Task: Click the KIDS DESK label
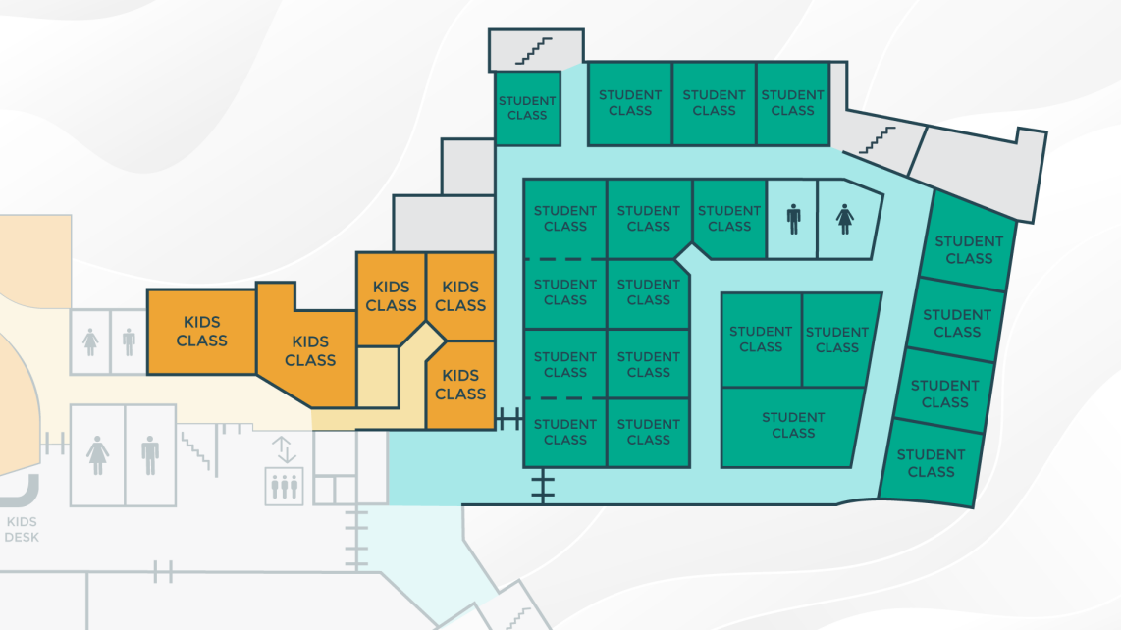22,529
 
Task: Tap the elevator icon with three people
284,487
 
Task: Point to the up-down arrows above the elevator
284,449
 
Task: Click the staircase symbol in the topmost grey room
534,51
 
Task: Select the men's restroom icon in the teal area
793,219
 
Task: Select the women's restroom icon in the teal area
845,219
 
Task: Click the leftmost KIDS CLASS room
201,332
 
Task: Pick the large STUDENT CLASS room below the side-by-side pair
792,427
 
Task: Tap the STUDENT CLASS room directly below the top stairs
527,108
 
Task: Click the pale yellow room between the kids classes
378,377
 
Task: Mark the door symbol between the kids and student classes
509,419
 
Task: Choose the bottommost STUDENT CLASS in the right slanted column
931,463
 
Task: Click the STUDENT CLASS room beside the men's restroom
729,218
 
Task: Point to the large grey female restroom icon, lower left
97,455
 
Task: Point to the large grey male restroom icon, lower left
150,455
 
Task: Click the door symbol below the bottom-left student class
543,486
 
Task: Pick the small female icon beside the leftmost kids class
90,341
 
